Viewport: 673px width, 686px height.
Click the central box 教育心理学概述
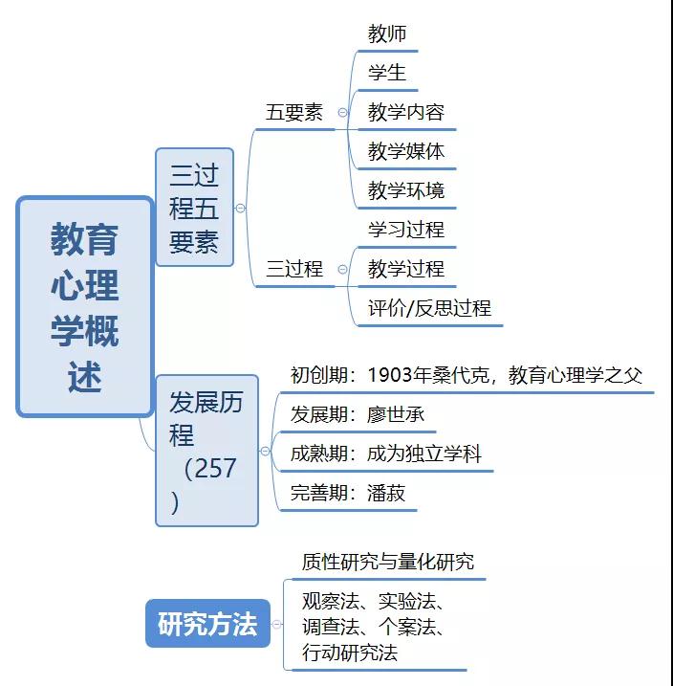tap(85, 307)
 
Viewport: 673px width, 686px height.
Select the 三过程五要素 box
tap(194, 208)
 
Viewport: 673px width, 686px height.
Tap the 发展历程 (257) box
tap(206, 451)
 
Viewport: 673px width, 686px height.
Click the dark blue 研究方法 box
tap(207, 624)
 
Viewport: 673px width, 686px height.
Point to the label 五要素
tap(294, 113)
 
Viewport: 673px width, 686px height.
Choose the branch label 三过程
tap(294, 269)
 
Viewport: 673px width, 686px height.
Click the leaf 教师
tap(387, 33)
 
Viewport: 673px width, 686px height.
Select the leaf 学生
tap(387, 73)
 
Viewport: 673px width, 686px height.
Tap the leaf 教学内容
tap(406, 112)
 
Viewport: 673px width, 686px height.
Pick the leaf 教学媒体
tap(406, 151)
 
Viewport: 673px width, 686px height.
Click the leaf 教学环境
tap(406, 190)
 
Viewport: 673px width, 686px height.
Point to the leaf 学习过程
tap(406, 230)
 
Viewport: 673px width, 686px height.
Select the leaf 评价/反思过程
tap(429, 308)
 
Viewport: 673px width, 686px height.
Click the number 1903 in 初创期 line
tap(390, 375)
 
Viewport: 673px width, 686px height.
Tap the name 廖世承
tap(396, 414)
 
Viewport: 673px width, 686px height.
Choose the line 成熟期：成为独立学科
tap(386, 454)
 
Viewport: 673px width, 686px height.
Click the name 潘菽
tap(386, 493)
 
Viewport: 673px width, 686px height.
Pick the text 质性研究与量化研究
tap(388, 562)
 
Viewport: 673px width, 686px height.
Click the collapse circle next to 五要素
tap(342, 113)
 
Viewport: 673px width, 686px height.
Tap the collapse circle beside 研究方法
tap(276, 625)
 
